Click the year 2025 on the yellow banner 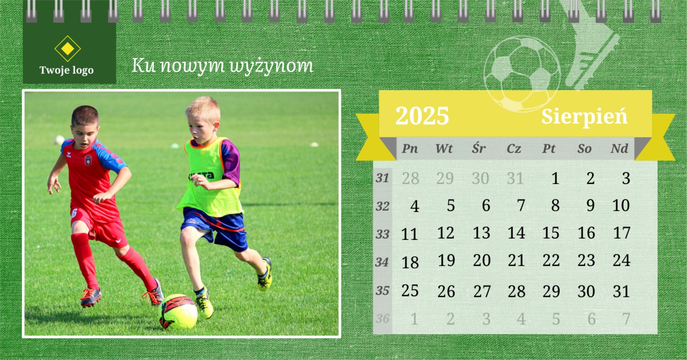point(422,115)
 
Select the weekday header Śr point(479,148)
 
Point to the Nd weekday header point(619,148)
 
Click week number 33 point(382,235)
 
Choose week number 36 point(382,319)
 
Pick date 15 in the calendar point(551,233)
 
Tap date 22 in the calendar point(551,260)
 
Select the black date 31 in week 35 point(621,291)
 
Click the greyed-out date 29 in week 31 point(445,178)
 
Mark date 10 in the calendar point(621,205)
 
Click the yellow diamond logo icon point(67,49)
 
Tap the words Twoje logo point(66,70)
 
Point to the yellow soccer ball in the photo point(178,311)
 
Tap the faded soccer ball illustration point(522,74)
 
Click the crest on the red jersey point(88,160)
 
